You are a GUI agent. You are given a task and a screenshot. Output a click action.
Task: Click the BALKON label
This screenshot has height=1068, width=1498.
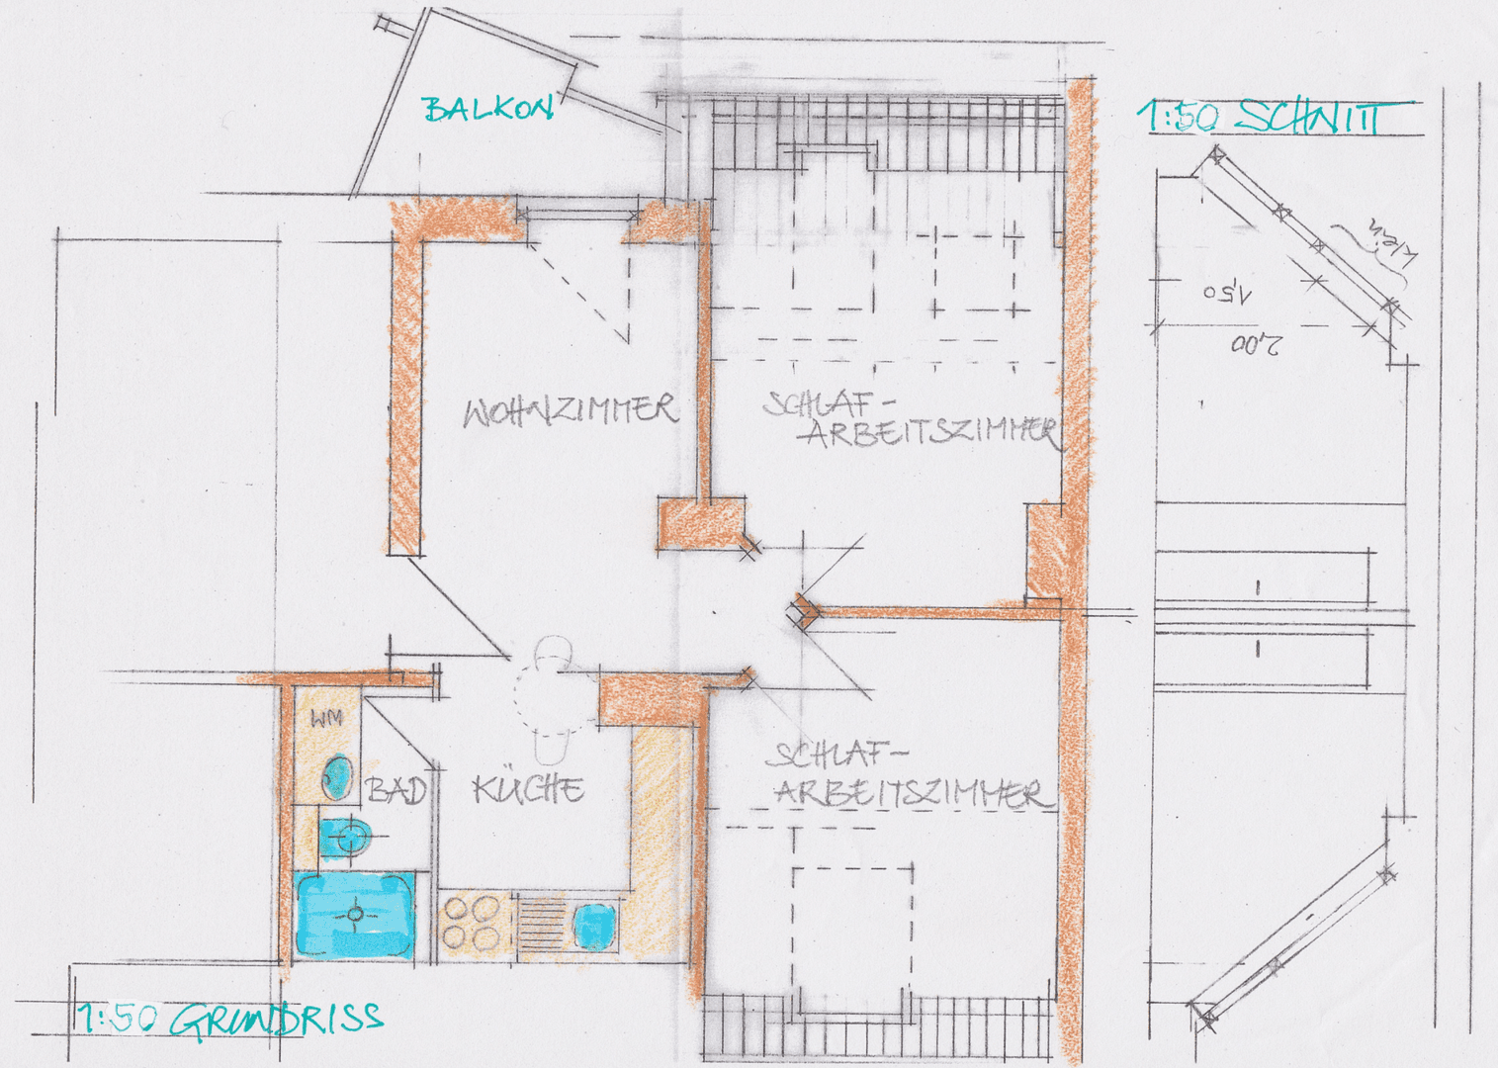click(x=487, y=109)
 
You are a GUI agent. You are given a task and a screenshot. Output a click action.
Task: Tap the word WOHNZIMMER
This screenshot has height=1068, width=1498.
click(x=571, y=410)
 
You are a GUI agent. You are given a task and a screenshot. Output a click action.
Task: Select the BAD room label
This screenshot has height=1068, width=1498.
click(x=396, y=791)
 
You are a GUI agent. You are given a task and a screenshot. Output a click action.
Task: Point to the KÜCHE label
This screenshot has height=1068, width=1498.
click(x=528, y=789)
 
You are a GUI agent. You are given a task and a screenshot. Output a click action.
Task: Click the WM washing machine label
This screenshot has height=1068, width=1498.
click(x=326, y=718)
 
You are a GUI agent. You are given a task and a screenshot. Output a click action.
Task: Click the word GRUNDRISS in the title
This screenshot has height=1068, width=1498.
click(x=276, y=1019)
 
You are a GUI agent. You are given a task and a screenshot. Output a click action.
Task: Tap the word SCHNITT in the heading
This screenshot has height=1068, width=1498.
click(x=1309, y=118)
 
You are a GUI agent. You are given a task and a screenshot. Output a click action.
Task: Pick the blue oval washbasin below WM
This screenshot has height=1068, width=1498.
click(x=338, y=776)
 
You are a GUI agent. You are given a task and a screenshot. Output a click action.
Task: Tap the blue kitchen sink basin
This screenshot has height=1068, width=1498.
click(x=595, y=927)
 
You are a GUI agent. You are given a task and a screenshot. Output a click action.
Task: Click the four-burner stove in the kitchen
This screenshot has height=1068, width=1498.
click(x=472, y=923)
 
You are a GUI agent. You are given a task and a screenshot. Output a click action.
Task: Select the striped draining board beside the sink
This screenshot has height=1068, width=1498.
click(x=540, y=923)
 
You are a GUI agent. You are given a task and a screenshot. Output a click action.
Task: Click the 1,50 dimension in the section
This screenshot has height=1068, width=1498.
click(x=1228, y=294)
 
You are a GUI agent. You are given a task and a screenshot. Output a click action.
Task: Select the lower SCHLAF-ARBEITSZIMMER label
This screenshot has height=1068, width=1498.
click(x=907, y=775)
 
